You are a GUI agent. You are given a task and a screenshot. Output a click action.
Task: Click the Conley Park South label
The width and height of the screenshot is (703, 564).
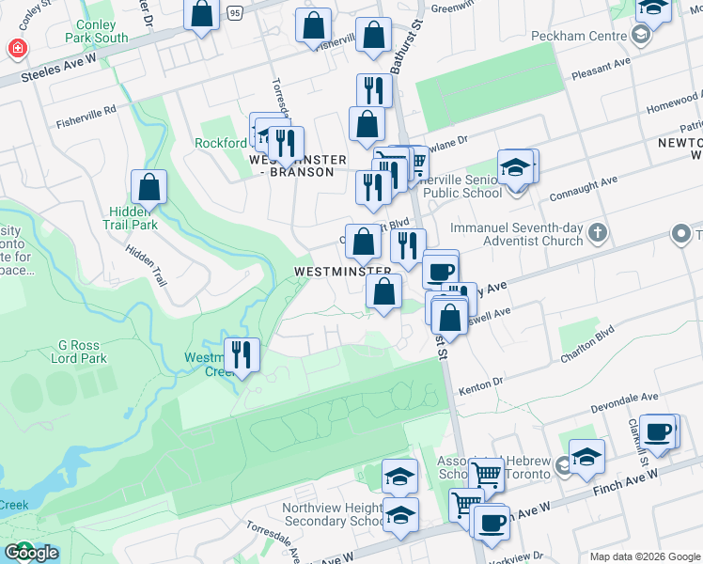pos(98,31)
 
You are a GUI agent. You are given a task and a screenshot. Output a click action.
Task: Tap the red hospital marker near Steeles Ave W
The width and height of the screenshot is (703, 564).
pos(16,48)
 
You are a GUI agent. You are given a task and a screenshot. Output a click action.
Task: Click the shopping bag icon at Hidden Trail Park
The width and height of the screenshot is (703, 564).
pos(148,188)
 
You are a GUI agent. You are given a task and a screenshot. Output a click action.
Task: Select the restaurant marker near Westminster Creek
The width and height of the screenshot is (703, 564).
pos(242,355)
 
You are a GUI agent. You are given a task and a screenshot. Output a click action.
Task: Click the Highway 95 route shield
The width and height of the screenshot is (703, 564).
pos(234,12)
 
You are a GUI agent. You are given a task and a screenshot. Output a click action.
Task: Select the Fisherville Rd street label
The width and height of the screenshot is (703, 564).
pos(85,115)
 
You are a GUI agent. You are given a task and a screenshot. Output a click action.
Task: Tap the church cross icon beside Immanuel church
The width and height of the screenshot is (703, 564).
pos(596,232)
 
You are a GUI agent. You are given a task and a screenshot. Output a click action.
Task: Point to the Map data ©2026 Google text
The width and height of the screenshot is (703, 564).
pos(645,556)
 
